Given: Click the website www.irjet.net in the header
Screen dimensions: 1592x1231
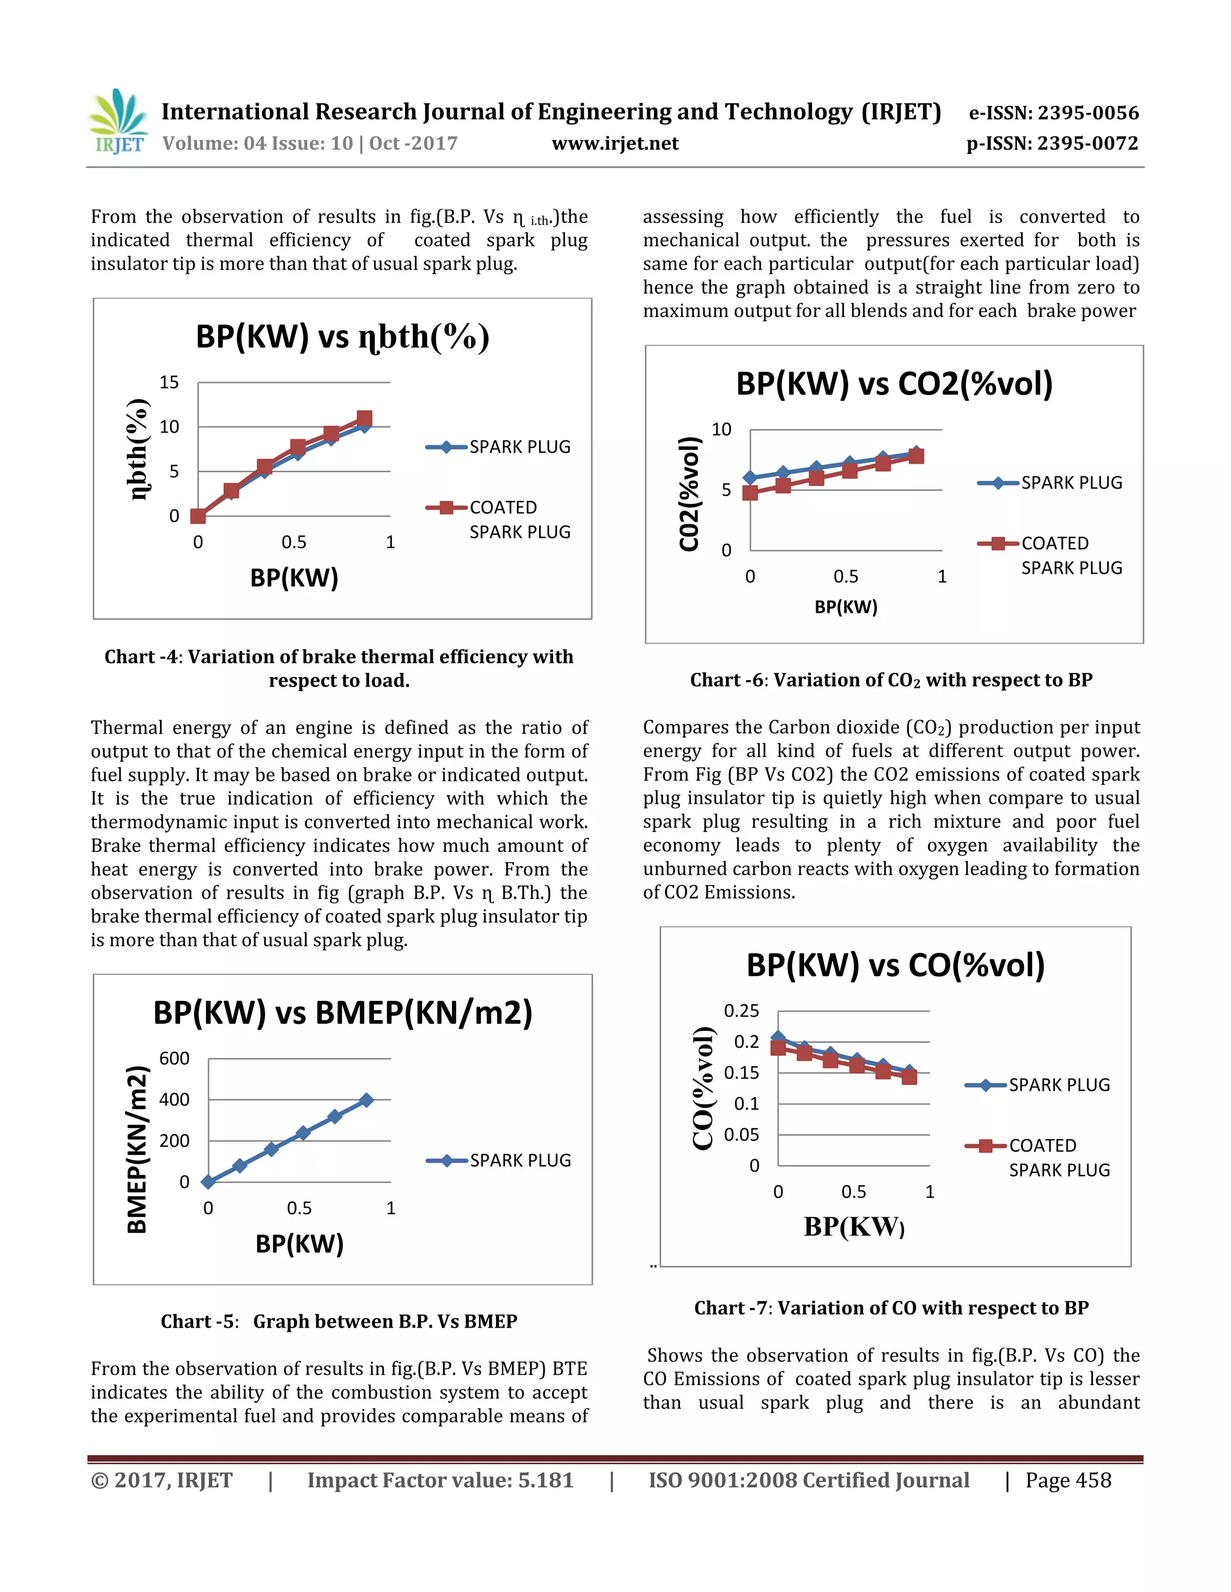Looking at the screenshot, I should click(615, 143).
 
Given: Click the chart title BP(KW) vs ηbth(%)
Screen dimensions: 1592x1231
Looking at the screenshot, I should click(342, 337).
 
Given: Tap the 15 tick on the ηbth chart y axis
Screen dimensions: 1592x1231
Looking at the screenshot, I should click(169, 382).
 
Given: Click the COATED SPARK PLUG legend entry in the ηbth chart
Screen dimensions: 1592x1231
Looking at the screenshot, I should click(519, 518).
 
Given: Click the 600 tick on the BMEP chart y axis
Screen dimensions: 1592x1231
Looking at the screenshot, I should click(174, 1058).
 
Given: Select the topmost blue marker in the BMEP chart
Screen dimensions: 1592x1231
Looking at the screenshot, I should click(367, 1100).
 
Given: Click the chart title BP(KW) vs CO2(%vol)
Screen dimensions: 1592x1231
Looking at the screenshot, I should click(894, 384).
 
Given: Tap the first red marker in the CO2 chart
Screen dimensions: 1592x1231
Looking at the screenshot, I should click(750, 493).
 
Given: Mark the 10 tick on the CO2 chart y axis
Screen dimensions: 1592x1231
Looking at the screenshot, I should click(721, 430).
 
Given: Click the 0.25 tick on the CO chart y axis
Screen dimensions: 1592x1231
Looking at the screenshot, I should click(741, 1010).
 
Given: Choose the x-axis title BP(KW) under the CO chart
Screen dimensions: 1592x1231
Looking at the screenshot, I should click(854, 1227).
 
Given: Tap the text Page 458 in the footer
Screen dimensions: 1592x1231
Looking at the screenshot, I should click(1068, 1480).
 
